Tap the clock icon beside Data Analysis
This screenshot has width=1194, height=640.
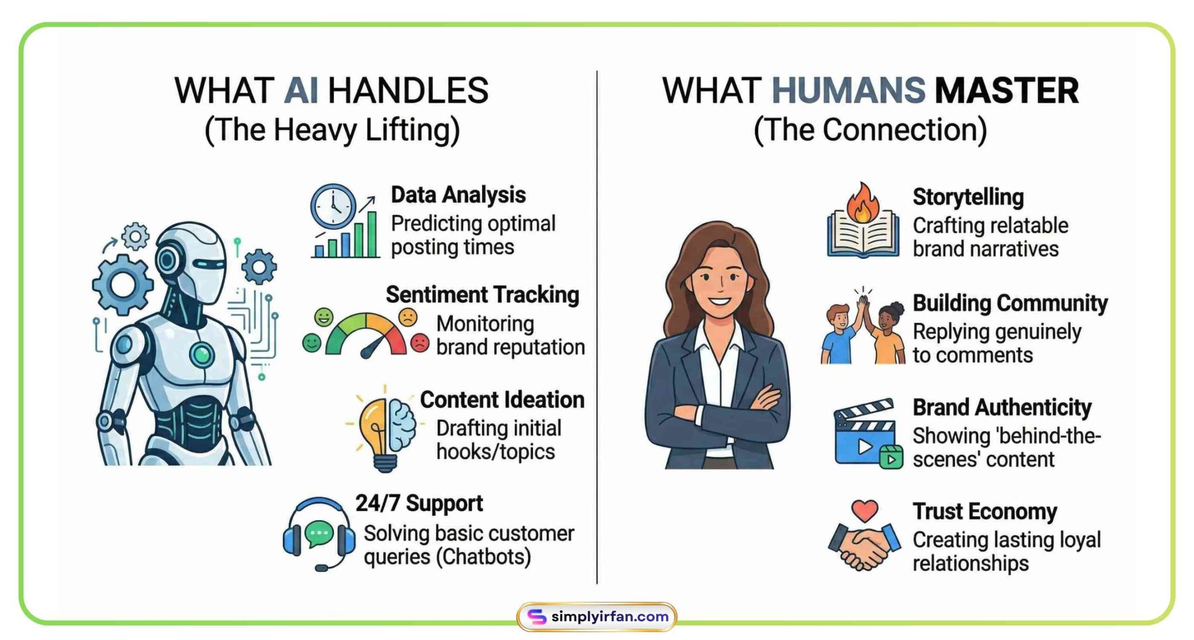[x=333, y=206]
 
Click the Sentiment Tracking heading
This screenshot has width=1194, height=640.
[x=482, y=295]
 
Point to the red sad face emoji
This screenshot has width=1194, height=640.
[x=420, y=343]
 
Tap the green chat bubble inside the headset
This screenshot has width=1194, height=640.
[x=319, y=533]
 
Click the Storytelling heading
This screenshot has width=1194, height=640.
[x=968, y=197]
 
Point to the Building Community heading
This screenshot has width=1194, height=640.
[x=1010, y=303]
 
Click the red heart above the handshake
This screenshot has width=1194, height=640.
[x=864, y=511]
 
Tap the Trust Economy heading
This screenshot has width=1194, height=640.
[x=985, y=511]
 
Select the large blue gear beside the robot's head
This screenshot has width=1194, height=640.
[x=123, y=284]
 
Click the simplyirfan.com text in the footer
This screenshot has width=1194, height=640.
[x=610, y=617]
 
